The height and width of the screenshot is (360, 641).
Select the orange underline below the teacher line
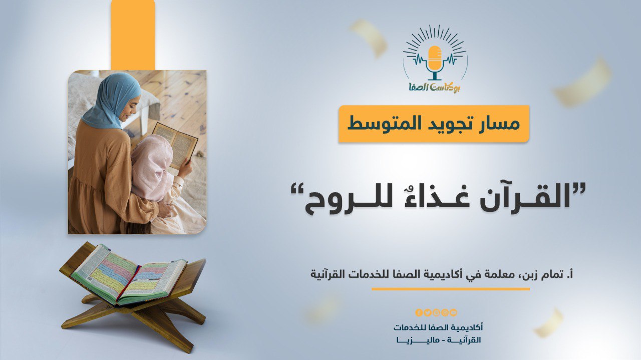[450, 289]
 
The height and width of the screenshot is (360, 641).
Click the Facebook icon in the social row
[419, 312]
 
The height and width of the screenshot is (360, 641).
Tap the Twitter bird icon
[428, 312]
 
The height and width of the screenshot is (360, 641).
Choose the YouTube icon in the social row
[454, 312]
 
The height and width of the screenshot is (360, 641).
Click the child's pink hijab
[151, 167]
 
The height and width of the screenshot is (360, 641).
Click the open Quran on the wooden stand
[129, 275]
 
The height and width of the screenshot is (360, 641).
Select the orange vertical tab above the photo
[133, 35]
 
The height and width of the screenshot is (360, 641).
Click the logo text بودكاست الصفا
[434, 87]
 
